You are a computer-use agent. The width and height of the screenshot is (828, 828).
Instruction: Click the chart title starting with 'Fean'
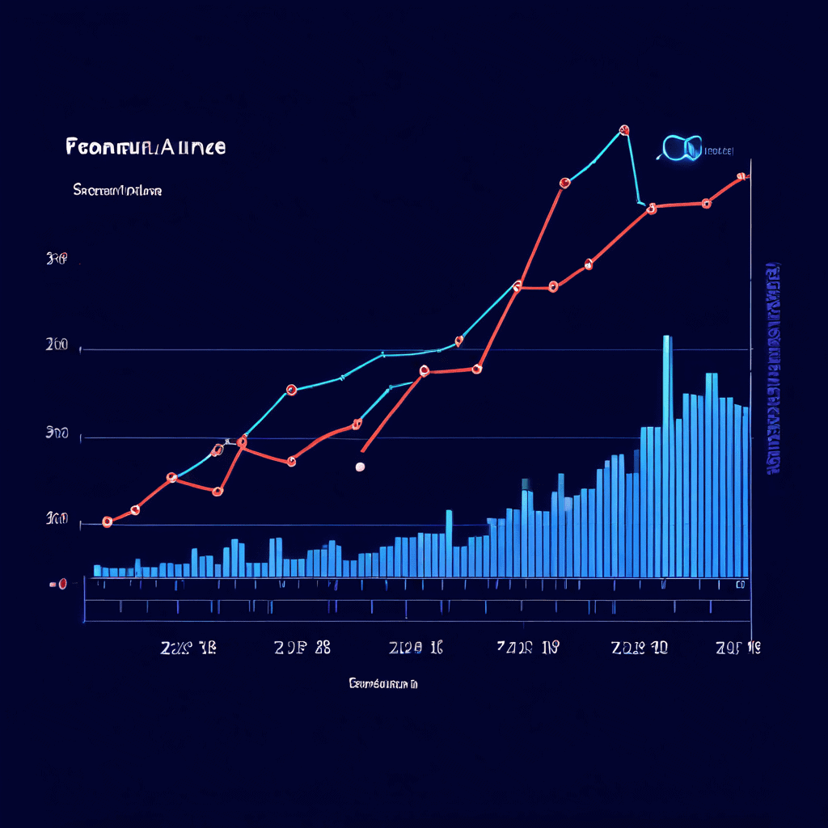click(145, 147)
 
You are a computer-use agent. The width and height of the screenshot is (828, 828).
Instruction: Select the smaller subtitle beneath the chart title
click(117, 191)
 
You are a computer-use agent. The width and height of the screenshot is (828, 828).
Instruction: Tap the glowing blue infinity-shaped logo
click(681, 148)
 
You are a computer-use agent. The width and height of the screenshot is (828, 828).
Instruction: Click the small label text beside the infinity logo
click(719, 150)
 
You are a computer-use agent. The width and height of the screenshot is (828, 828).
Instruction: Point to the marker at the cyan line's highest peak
click(623, 129)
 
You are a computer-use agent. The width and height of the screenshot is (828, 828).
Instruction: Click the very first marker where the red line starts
click(107, 522)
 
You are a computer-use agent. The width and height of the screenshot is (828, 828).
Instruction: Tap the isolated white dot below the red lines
click(360, 467)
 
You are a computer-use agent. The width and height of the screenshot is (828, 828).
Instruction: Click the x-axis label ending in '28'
click(302, 647)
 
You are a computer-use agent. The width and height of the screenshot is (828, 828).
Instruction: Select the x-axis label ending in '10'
click(640, 647)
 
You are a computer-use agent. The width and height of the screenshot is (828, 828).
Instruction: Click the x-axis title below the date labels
click(382, 684)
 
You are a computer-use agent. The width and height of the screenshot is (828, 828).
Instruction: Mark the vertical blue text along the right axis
click(773, 368)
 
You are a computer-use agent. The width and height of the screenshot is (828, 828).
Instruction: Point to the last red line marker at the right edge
click(741, 176)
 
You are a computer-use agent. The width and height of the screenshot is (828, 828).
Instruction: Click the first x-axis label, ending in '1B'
click(188, 647)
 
